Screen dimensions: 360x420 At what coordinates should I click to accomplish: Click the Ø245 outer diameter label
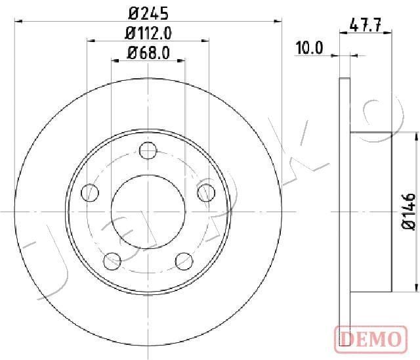[148, 12]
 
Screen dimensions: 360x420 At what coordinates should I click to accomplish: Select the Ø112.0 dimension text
[148, 33]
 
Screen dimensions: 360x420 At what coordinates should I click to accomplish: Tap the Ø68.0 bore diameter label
[148, 53]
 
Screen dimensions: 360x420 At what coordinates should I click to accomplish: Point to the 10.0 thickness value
[310, 48]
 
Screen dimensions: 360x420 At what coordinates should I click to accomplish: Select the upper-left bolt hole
[90, 192]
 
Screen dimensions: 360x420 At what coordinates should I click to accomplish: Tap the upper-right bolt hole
[206, 192]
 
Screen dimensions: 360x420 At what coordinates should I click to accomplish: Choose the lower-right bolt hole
[184, 261]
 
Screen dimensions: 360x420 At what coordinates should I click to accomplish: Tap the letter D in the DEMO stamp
[346, 339]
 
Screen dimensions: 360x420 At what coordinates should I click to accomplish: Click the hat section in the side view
[371, 212]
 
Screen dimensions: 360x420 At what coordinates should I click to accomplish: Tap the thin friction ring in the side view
[345, 212]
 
